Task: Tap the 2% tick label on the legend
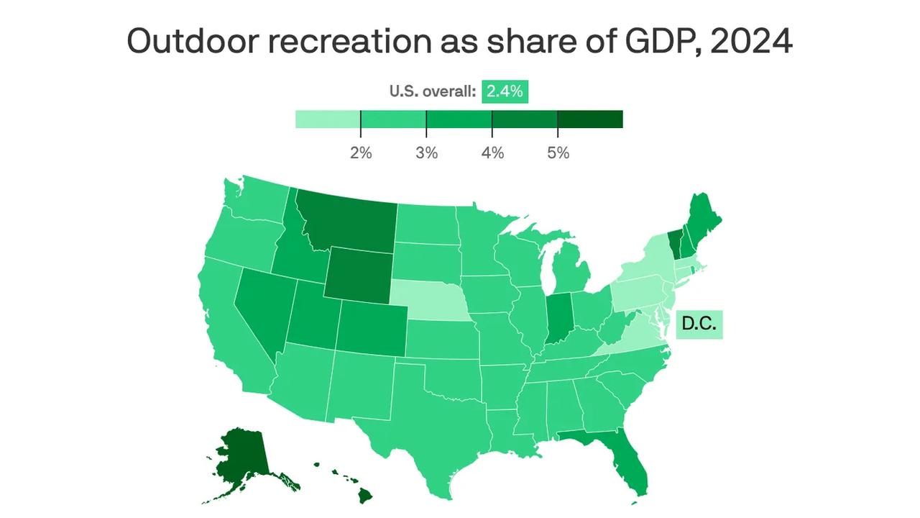click(x=361, y=153)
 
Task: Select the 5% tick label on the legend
click(x=558, y=153)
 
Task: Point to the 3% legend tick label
click(x=426, y=153)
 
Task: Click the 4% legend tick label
click(x=492, y=153)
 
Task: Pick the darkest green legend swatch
click(x=590, y=119)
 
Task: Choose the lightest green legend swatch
click(x=328, y=119)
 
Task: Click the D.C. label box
click(x=699, y=324)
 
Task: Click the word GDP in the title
click(x=655, y=42)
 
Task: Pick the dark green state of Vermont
click(x=673, y=245)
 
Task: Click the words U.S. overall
click(x=433, y=91)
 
